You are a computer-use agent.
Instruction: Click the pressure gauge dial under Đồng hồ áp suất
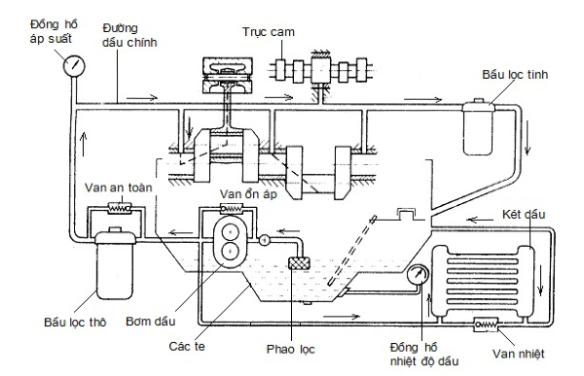pyautogui.click(x=74, y=66)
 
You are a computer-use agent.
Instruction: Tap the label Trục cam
pyautogui.click(x=269, y=32)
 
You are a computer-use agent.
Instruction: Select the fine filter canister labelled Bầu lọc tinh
pyautogui.click(x=479, y=127)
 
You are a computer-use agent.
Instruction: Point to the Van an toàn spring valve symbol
pyautogui.click(x=120, y=207)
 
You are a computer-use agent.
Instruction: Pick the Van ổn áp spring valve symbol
pyautogui.click(x=232, y=209)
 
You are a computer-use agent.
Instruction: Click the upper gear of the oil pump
pyautogui.click(x=231, y=232)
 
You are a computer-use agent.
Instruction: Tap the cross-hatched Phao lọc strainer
pyautogui.click(x=300, y=263)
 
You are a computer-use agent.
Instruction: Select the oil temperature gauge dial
pyautogui.click(x=418, y=275)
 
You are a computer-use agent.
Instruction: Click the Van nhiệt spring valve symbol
pyautogui.click(x=486, y=325)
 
